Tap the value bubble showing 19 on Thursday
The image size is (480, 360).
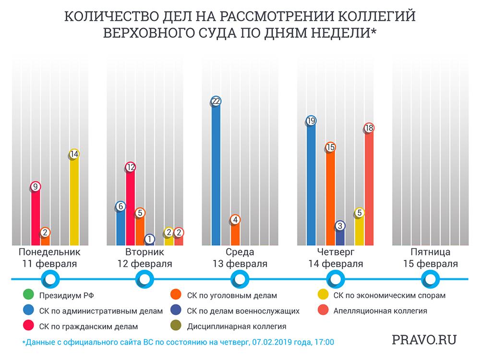point(311,121)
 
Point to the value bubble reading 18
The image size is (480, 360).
point(369,128)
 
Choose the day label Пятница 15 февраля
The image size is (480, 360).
point(431,258)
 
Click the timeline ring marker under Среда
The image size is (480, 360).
point(240,278)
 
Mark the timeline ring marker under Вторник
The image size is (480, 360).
point(144,278)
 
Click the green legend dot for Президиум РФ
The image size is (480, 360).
point(27,296)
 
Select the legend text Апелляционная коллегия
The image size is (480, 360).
point(379,311)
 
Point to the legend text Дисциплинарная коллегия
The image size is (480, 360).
point(237,326)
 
